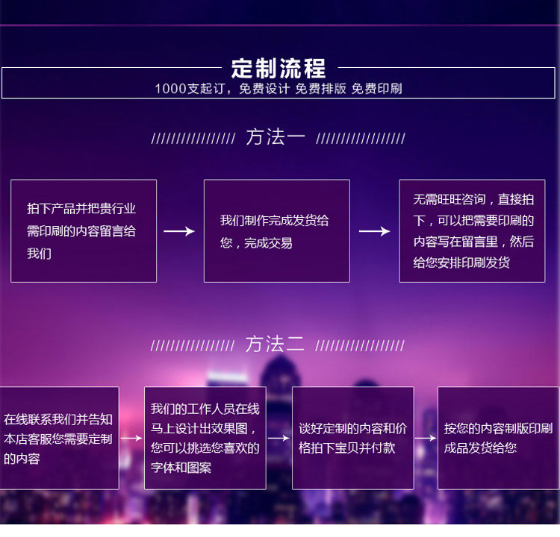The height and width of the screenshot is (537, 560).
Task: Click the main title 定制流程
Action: coord(279,68)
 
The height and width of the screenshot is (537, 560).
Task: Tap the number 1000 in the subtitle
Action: coord(171,89)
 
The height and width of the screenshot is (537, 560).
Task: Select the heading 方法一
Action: coord(276,137)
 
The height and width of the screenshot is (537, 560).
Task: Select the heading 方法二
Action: coord(275,344)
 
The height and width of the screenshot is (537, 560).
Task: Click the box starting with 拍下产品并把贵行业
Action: coord(84,231)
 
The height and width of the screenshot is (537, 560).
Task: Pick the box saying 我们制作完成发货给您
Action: coord(277,231)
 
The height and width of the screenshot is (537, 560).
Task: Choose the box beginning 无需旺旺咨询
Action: coord(472,231)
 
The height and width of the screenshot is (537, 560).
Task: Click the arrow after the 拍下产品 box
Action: coord(179,231)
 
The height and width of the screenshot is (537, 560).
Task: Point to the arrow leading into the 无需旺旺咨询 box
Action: coord(375,231)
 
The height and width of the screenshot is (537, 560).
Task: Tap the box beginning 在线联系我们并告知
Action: coord(59,438)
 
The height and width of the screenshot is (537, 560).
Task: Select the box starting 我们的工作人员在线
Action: coord(205,438)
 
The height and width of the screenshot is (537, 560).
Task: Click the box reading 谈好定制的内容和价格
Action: coord(353,438)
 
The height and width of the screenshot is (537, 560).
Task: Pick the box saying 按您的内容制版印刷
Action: coord(499,438)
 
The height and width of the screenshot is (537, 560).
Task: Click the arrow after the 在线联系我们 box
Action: coord(131,438)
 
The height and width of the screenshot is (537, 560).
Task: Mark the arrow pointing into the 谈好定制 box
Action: coord(279,438)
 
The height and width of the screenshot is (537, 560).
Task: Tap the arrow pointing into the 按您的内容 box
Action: coord(426,438)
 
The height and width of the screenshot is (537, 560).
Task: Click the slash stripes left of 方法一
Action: coord(193,139)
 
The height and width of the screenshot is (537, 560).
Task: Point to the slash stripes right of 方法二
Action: coord(360,346)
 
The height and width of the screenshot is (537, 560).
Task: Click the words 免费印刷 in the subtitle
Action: coord(377,89)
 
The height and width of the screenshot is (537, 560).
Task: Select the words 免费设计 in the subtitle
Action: coord(264,89)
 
